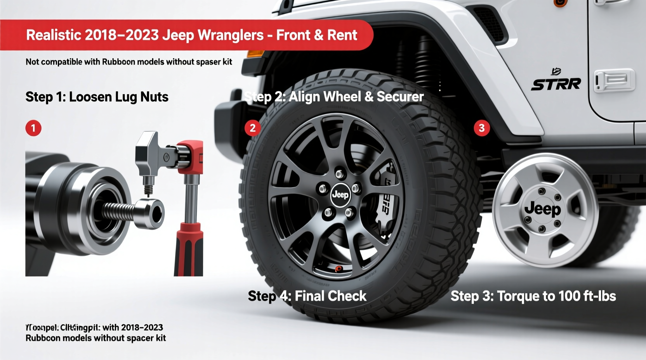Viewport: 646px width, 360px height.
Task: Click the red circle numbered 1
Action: click(33, 128)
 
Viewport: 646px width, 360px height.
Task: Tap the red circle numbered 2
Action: click(253, 128)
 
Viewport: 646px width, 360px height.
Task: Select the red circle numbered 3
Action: click(482, 128)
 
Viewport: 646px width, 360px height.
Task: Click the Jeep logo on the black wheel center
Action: click(340, 194)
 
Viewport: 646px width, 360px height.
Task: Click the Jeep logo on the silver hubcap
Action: click(542, 209)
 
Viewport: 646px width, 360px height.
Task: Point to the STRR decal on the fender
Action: click(556, 84)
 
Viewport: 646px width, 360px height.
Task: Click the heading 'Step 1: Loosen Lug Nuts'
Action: click(97, 97)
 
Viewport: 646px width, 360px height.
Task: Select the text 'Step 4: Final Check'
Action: click(307, 296)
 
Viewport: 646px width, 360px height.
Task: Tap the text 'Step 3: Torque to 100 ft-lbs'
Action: click(533, 296)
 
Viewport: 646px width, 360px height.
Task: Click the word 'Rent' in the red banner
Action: click(342, 35)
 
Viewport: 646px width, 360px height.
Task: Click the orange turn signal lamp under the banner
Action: click(255, 54)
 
